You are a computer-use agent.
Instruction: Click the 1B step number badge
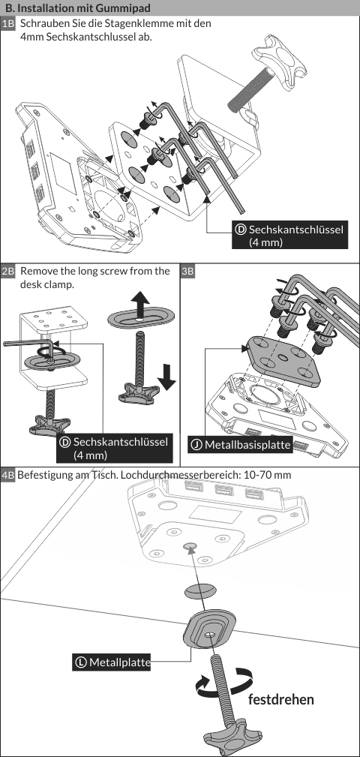[x=8, y=24]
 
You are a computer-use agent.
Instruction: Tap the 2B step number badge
[x=8, y=271]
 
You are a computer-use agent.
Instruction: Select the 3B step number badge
[x=188, y=271]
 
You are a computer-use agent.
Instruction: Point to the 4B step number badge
[x=8, y=475]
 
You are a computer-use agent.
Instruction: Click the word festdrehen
[x=280, y=699]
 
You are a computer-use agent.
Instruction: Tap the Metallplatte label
[x=112, y=662]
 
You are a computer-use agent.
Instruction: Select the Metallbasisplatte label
[x=240, y=445]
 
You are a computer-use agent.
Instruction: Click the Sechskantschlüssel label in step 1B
[x=290, y=236]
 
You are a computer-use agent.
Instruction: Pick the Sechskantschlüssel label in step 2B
[x=114, y=448]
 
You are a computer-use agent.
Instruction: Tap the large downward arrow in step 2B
[x=166, y=377]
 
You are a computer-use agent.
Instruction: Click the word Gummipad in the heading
[x=127, y=8]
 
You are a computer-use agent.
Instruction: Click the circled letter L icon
[x=80, y=662]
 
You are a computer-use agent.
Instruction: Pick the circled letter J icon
[x=196, y=445]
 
